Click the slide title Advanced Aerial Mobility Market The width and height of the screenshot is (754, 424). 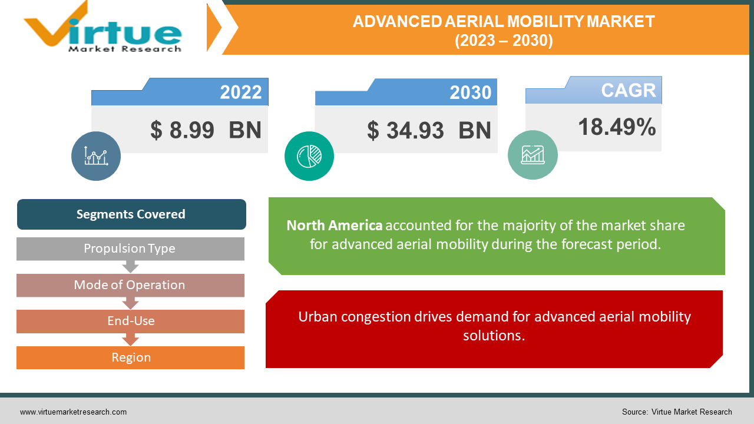[x=504, y=31]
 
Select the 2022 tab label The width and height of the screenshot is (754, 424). [x=240, y=92]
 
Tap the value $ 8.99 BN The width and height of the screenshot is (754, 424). [x=206, y=130]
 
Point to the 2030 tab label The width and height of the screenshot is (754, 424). [x=470, y=92]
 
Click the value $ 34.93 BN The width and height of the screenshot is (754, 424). [x=429, y=130]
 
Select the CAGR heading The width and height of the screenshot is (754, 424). [x=628, y=90]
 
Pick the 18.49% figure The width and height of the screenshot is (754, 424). [x=617, y=127]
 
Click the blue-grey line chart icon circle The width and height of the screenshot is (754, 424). [x=96, y=156]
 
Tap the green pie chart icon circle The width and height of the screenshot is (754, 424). [x=309, y=156]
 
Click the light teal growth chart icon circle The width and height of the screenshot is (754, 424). [x=533, y=155]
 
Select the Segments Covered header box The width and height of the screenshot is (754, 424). [x=131, y=214]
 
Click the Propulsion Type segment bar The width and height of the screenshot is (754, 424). [x=130, y=249]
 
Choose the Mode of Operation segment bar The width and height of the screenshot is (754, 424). [x=130, y=285]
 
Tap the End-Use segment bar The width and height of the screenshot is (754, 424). [x=130, y=322]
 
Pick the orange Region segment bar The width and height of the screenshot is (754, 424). [x=130, y=357]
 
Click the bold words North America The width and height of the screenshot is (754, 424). [x=334, y=226]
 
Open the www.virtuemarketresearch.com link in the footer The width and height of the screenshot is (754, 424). [x=73, y=412]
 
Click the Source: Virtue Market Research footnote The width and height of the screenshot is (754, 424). [x=676, y=412]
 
